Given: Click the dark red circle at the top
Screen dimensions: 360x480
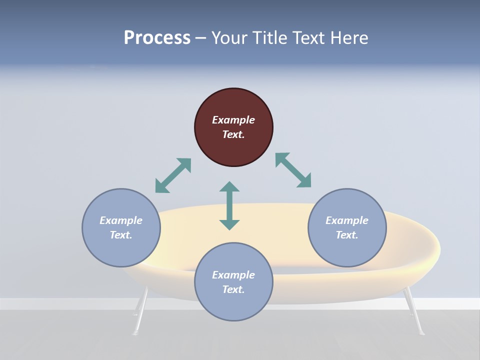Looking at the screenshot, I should coord(233,127).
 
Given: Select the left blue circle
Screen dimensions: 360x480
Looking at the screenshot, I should coord(121,227).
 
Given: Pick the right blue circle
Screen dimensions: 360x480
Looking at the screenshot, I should coord(347,227).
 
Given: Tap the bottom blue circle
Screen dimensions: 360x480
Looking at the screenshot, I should coord(233,282).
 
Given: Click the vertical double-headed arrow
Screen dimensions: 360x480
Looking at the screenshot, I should coord(229,205).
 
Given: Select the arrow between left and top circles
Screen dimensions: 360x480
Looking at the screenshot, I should coord(173,175).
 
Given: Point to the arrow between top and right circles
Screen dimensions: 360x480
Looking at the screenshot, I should coord(293,170).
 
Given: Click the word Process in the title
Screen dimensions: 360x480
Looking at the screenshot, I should coord(157,38).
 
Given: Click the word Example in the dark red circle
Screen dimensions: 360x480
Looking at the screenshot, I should coord(233,120).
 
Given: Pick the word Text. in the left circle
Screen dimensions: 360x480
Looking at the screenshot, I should coord(121,235).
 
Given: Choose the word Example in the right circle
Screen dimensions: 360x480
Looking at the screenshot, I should coord(347,220).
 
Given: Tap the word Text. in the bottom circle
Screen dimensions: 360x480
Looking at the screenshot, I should coord(233,289).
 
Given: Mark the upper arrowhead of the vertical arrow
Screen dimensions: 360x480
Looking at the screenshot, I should coord(229,187).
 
